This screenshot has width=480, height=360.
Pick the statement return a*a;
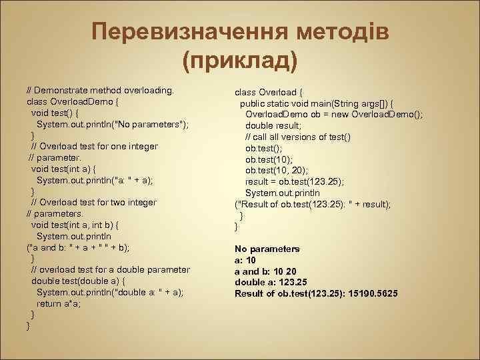pos(61,303)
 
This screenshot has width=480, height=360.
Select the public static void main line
pos(316,103)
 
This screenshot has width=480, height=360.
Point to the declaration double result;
pos(273,125)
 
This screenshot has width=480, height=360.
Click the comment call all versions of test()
pos(298,137)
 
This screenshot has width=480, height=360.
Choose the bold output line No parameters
pos(267,249)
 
